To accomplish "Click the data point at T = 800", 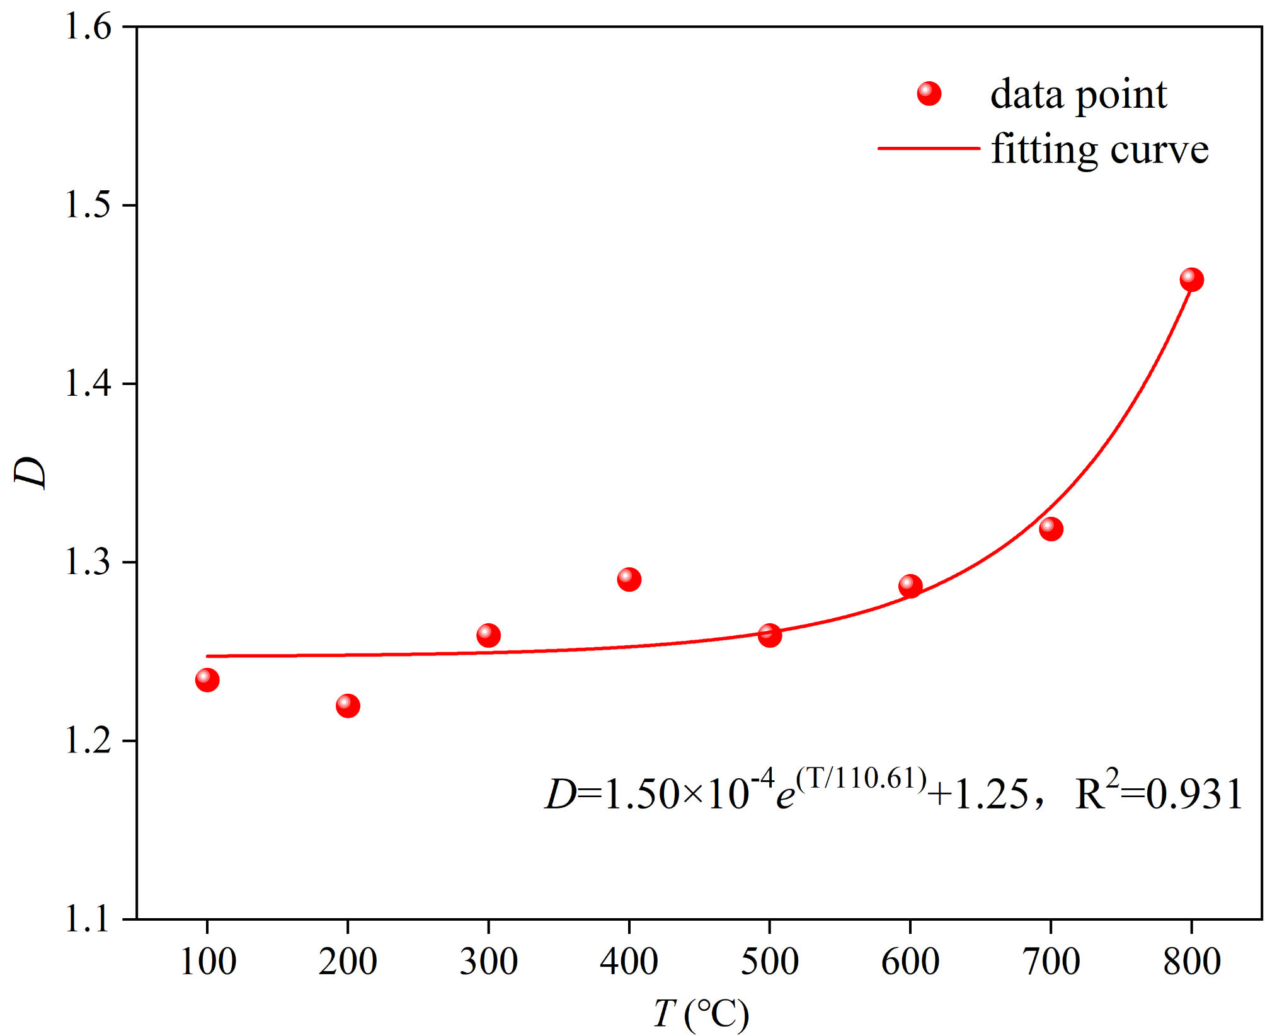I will click(x=1191, y=279).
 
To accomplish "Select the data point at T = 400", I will click(x=629, y=579).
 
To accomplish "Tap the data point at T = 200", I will click(x=348, y=705).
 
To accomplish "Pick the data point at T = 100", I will click(x=207, y=680).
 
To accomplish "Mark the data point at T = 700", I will click(x=1050, y=529).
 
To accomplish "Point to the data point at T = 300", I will click(x=488, y=635).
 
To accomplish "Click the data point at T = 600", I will click(x=910, y=586).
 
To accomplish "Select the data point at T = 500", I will click(x=769, y=635).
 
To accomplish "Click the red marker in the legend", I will click(x=929, y=94).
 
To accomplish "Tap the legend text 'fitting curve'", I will click(x=1099, y=150).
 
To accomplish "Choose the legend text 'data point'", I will click(x=1078, y=95).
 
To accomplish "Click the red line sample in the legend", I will click(x=929, y=148).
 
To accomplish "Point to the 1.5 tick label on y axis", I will click(x=88, y=205).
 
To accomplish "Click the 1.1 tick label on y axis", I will click(x=88, y=919).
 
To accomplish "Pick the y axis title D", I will click(x=30, y=472).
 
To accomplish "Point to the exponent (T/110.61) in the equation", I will click(x=861, y=779).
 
